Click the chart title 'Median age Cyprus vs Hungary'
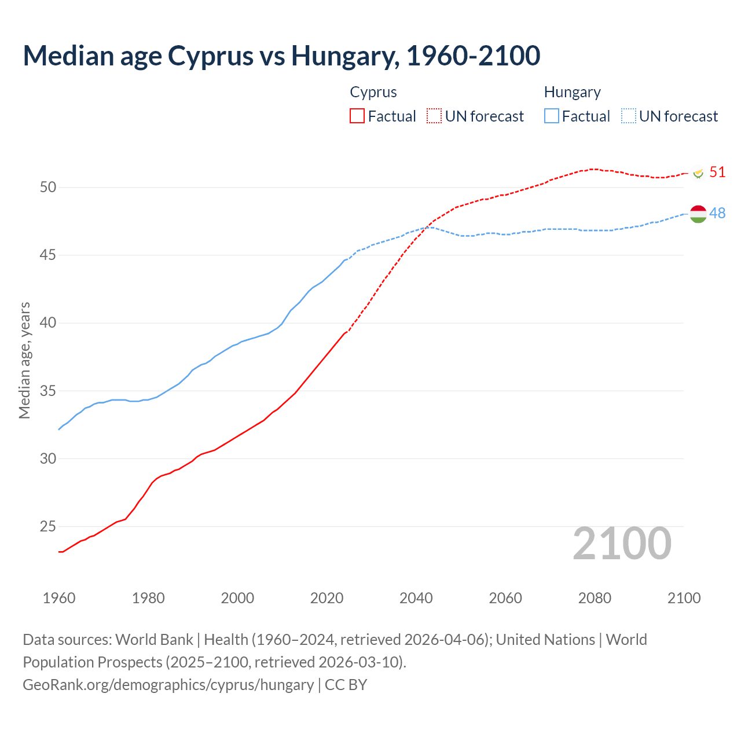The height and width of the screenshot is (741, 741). (x=281, y=56)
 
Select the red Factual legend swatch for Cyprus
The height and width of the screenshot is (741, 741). (x=357, y=116)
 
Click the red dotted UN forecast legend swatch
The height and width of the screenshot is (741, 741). (x=434, y=116)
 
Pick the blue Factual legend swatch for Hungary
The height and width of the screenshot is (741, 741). (x=552, y=116)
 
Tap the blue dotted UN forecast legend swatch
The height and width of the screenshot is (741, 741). (x=629, y=116)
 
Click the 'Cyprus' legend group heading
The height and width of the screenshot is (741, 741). (x=373, y=92)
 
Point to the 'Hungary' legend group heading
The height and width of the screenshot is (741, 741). (x=572, y=92)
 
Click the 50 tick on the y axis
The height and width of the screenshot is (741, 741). (x=48, y=187)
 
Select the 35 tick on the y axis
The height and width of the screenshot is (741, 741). (x=48, y=391)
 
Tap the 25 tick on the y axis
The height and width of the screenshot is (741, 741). (x=48, y=526)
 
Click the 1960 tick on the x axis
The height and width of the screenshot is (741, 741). (x=59, y=598)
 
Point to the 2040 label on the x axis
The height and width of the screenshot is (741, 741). (x=416, y=598)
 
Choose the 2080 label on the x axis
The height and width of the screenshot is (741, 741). (x=595, y=598)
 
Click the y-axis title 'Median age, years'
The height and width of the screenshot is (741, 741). (x=24, y=360)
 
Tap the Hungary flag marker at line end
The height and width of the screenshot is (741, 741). (x=698, y=214)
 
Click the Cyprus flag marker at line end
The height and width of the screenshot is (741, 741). (x=698, y=173)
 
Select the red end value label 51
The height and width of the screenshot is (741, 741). (x=717, y=172)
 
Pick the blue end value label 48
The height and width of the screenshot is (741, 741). (x=717, y=213)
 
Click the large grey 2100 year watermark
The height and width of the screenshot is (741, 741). (x=622, y=544)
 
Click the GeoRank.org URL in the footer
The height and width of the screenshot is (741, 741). (x=168, y=684)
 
